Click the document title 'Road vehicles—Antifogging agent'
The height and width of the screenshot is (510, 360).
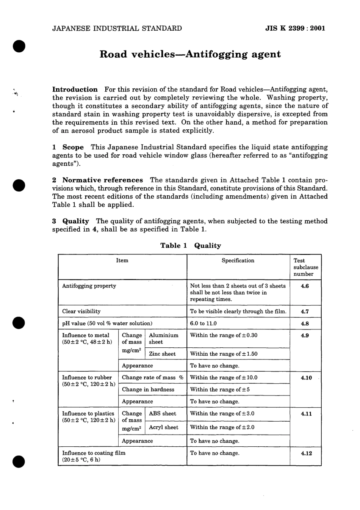tap(190, 54)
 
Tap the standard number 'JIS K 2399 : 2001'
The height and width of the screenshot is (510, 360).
tap(296, 28)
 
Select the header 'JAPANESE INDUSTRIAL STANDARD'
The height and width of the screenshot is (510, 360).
tap(117, 28)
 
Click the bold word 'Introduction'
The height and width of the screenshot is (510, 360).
tap(75, 89)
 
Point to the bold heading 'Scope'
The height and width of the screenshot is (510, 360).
tap(73, 147)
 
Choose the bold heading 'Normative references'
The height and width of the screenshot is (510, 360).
tap(102, 180)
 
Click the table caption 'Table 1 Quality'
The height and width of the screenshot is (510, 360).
tap(190, 245)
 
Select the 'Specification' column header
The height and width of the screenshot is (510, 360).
tap(238, 260)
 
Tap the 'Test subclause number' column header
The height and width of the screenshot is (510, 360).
tap(305, 267)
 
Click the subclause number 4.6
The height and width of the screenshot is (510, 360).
tap(305, 286)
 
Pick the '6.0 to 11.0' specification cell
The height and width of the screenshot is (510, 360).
tap(203, 323)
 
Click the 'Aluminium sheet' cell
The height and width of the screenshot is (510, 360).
tap(163, 339)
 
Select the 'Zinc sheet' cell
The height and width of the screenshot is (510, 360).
tap(162, 354)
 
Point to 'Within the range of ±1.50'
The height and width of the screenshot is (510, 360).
tap(224, 354)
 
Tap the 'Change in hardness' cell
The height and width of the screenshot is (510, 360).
tap(148, 389)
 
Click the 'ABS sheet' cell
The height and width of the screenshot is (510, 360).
tap(162, 414)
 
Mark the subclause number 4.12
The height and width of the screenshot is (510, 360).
tap(306, 453)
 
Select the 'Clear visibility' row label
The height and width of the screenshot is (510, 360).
tap(81, 311)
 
